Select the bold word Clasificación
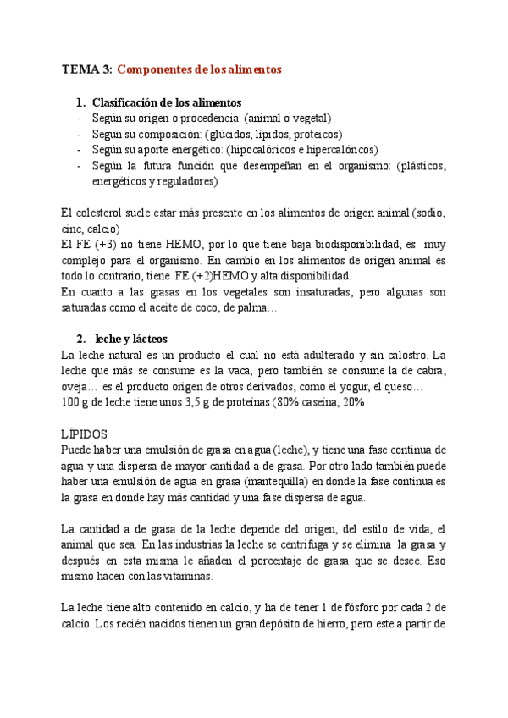pyautogui.click(x=128, y=102)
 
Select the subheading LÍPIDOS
pyautogui.click(x=88, y=434)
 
